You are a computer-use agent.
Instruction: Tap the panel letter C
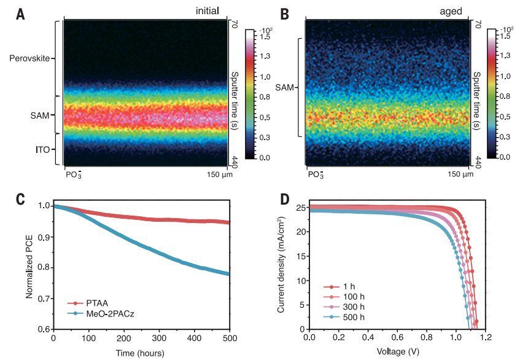(x=20, y=198)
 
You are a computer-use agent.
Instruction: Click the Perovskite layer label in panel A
(x=29, y=59)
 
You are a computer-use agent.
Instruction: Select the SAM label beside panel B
(x=285, y=88)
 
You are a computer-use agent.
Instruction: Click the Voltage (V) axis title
(x=397, y=352)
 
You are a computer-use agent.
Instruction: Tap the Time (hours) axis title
(x=141, y=353)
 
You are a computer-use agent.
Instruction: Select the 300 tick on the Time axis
(x=195, y=338)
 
